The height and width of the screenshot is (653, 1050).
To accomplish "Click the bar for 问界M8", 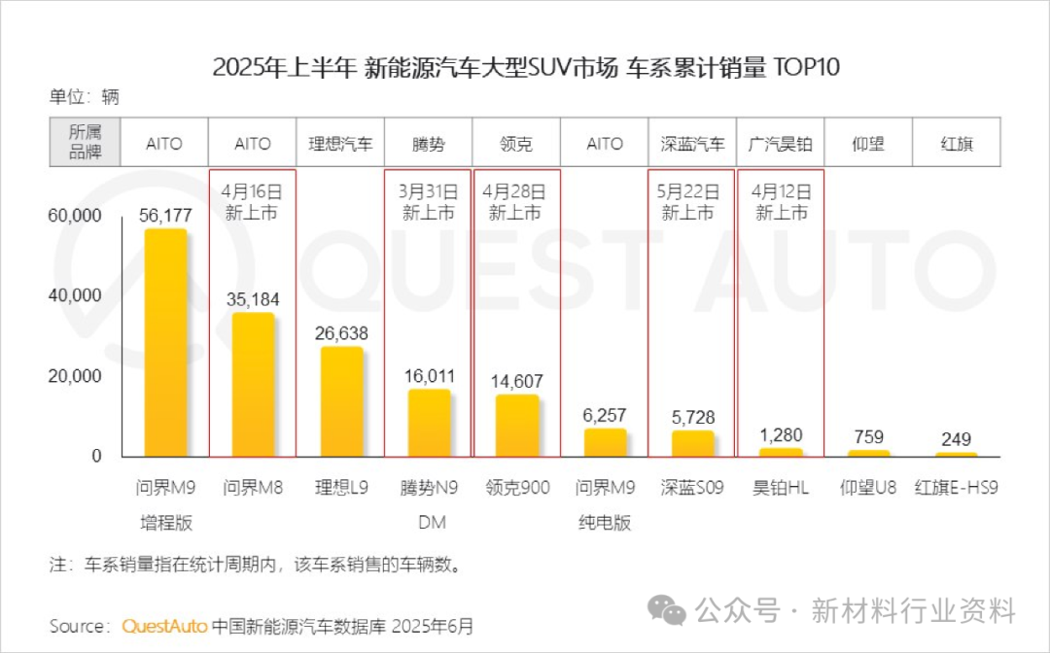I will point(253,385).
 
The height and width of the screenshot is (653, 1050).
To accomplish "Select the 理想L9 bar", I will point(340,401).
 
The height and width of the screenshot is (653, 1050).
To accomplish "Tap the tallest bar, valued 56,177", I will point(165,343).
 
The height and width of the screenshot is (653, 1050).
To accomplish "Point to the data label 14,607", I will point(516,382).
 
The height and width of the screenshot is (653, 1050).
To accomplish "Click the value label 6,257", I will point(604,416).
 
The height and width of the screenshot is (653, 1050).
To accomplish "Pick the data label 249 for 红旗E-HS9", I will point(956,439).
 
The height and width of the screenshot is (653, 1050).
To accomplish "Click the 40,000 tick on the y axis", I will point(75,295).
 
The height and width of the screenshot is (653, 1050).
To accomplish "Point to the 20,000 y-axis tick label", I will point(75,376).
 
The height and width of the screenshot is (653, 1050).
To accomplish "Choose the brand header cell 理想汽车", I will point(340,144).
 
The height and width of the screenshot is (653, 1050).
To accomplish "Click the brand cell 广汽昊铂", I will point(780,144).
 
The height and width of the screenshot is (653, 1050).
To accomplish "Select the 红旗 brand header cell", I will point(956,144).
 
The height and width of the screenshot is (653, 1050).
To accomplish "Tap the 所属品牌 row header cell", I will point(84,144).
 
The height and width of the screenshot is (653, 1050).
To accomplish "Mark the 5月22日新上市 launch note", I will point(691,202).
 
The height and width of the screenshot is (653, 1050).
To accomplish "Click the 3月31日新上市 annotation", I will point(429,202).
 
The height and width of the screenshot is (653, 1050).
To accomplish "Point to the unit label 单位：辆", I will point(84,97).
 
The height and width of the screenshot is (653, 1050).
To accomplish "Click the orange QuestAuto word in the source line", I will point(164,626).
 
